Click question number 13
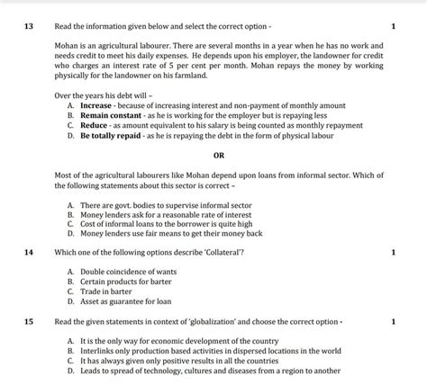point(28,25)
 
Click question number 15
point(28,320)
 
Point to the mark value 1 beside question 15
point(394,321)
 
